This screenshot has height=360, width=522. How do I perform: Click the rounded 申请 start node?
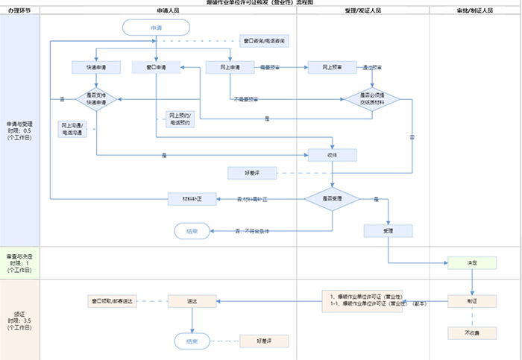[x=155, y=28]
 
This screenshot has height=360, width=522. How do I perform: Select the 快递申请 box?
[x=97, y=67]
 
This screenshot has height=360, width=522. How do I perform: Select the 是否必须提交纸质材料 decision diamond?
[x=371, y=99]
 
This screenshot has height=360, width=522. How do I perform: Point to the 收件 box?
[x=332, y=155]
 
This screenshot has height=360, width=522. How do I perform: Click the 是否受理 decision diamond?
[x=332, y=199]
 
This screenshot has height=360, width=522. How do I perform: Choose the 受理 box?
[x=388, y=231]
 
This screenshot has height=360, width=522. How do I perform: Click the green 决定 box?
[x=471, y=263]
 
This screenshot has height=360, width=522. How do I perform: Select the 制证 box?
[x=471, y=301]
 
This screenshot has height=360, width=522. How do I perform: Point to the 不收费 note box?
[x=471, y=333]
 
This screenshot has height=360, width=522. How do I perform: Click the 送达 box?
[x=192, y=301]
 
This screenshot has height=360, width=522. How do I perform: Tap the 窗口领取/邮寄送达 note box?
[x=112, y=301]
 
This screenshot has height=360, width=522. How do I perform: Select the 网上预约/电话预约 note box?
[x=180, y=119]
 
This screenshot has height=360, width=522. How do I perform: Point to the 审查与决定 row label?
[x=19, y=263]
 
